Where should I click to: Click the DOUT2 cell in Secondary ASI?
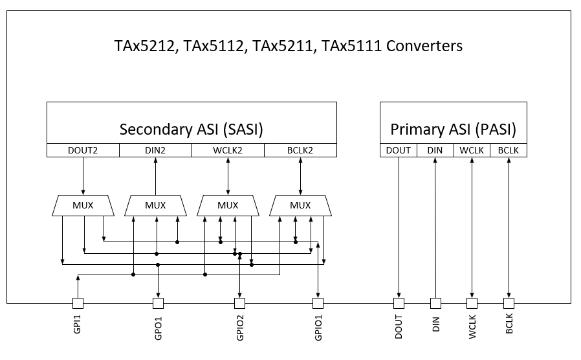pos(83,150)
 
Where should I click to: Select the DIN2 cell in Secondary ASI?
pos(155,150)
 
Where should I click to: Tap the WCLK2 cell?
pos(228,150)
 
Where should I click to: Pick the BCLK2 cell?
pos(300,150)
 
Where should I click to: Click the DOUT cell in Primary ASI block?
pos(399,150)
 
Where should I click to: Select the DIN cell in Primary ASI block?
pos(435,150)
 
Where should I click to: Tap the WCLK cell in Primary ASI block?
pos(472,150)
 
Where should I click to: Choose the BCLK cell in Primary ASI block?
pos(509,150)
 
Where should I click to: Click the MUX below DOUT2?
pos(83,206)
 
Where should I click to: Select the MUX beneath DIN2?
pos(155,206)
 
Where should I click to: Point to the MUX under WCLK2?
pos(228,206)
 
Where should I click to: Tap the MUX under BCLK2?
pos(300,206)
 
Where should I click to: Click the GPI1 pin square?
pos(78,303)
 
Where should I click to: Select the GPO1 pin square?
pos(158,303)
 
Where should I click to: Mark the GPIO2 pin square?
pos(240,303)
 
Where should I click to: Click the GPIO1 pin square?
pos(318,303)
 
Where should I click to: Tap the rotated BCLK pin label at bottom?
pos(509,324)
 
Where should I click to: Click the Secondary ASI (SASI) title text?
pos(192,129)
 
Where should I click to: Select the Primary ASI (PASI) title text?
pos(453,129)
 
